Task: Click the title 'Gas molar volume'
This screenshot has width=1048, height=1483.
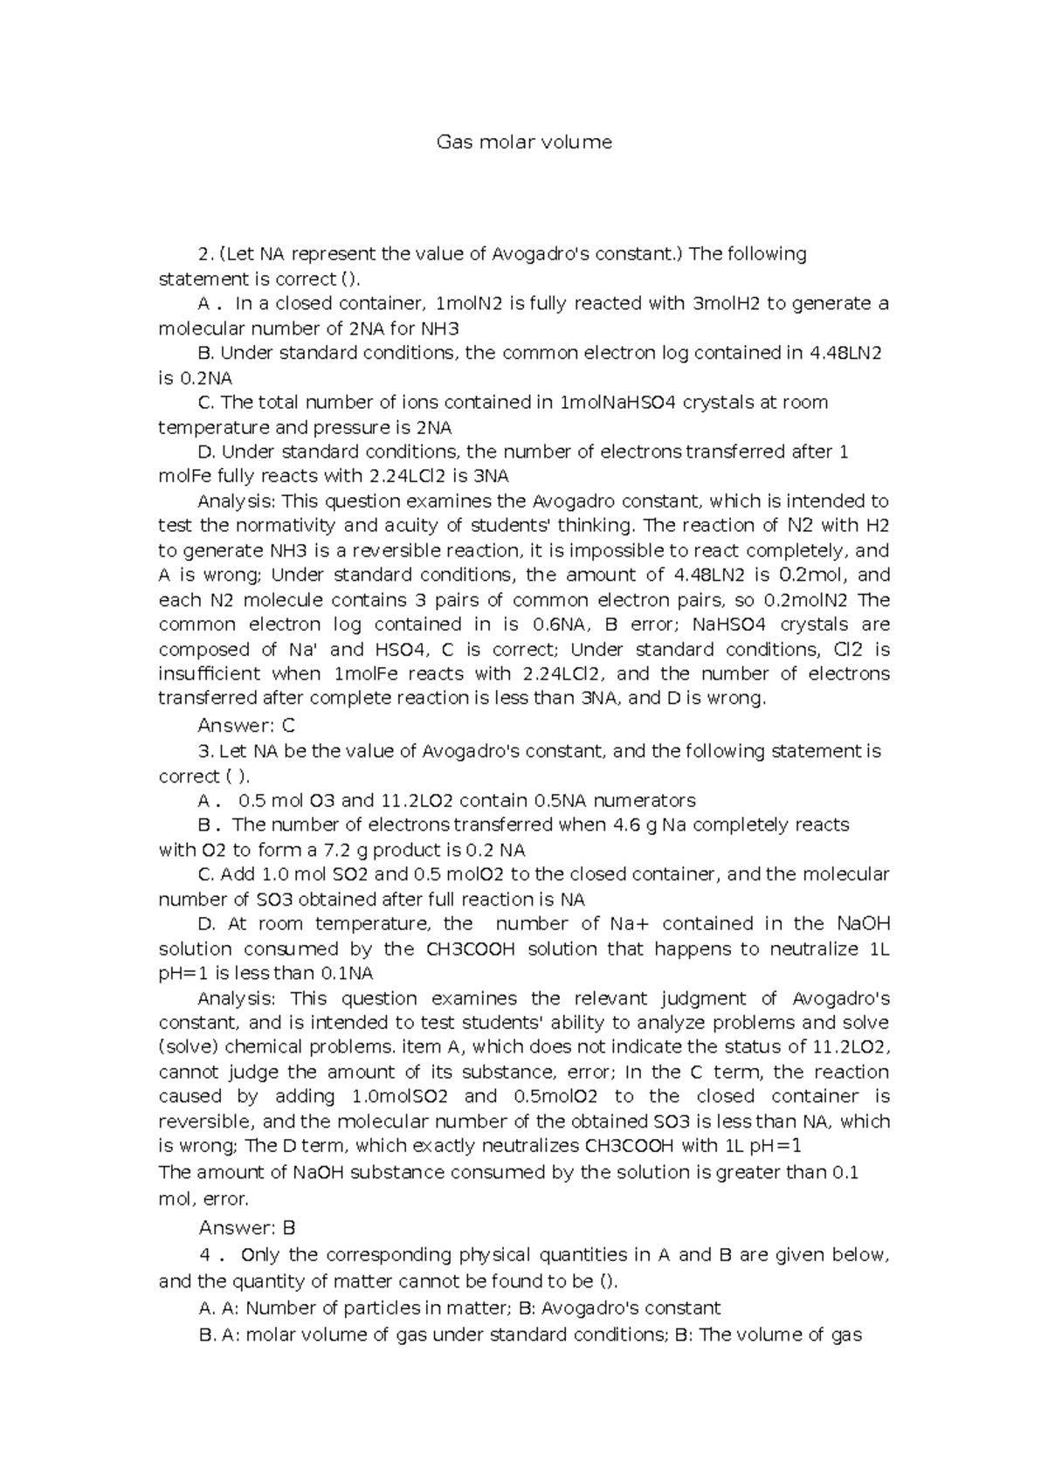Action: (x=524, y=142)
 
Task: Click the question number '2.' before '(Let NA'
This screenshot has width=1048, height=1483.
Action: (x=206, y=254)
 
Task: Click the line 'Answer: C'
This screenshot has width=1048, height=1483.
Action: (x=247, y=726)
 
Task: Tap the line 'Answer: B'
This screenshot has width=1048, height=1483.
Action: (x=247, y=1228)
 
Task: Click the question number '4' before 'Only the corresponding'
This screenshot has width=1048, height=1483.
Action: (x=206, y=1255)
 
